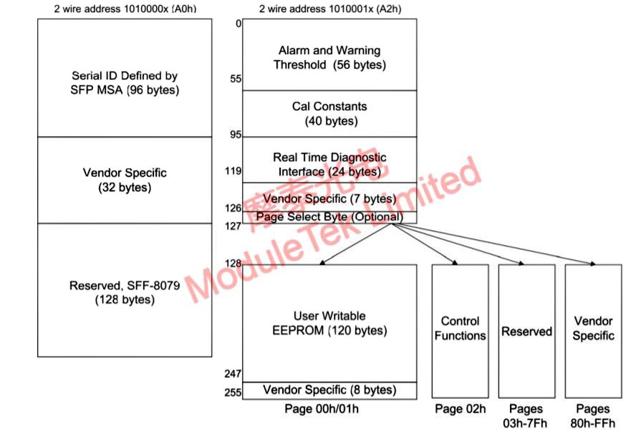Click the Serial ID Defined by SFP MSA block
pos(125,82)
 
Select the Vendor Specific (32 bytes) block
pos(125,180)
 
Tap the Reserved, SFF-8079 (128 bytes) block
pos(125,292)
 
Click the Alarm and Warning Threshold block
pos(329,57)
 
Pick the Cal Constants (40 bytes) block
pos(329,113)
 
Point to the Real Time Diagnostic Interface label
pos(329,164)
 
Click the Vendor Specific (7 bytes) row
pos(329,198)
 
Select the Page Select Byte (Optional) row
pos(329,216)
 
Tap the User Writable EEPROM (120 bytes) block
pos(329,323)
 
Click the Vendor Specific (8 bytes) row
pos(329,390)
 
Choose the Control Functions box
pos(460,329)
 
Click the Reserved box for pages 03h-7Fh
pos(526,332)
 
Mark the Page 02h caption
pos(460,409)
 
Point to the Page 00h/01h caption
pos(329,409)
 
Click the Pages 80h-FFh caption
pos(593,415)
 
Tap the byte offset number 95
pos(236,135)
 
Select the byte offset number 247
pos(233,374)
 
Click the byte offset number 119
pos(233,171)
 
